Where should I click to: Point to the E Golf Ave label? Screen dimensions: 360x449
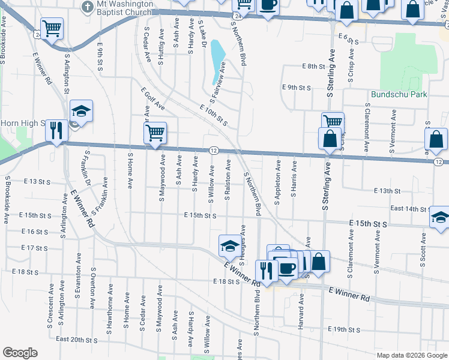[x=153, y=98]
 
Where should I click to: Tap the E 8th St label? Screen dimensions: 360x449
[x=313, y=66]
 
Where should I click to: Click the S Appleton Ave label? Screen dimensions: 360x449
[x=278, y=181]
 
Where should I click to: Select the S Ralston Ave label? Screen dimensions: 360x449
[x=228, y=180]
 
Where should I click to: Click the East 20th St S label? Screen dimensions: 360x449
[x=76, y=340]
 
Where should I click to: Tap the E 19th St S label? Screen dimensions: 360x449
[x=344, y=329]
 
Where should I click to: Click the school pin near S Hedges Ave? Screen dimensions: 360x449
[x=229, y=244]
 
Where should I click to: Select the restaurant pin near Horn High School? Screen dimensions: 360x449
[x=56, y=130]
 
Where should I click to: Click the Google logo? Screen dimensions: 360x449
[x=20, y=353]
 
